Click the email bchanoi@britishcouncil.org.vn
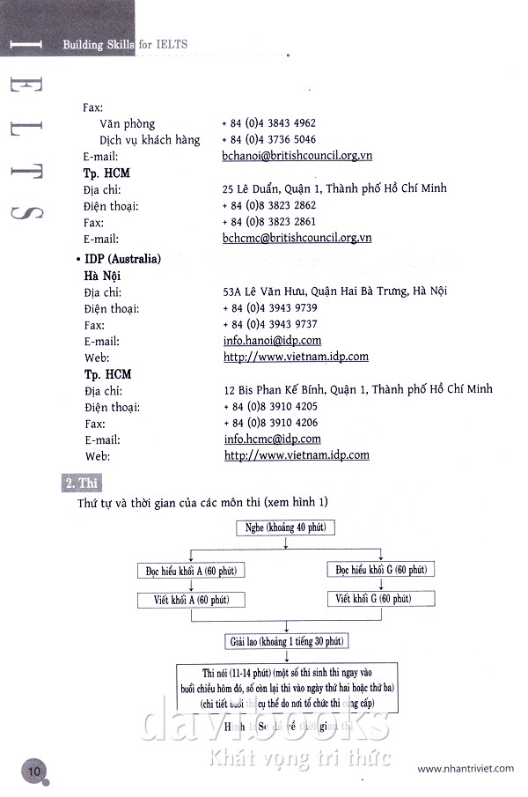coord(297,156)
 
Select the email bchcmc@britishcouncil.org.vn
coord(297,238)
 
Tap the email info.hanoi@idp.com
coord(272,340)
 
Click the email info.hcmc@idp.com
coord(272,439)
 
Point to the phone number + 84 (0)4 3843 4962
coord(268,123)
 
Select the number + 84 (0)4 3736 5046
coord(268,139)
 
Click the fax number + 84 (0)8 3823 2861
coord(268,222)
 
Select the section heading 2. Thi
coord(82,483)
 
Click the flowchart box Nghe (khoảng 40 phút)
coord(285,528)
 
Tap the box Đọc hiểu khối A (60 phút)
coord(191,571)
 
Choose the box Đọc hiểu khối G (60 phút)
coord(381,570)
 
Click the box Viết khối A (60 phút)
coord(191,600)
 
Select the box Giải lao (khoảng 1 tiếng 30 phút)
coord(286,640)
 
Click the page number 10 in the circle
coord(34,769)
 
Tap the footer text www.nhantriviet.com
coord(466,769)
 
